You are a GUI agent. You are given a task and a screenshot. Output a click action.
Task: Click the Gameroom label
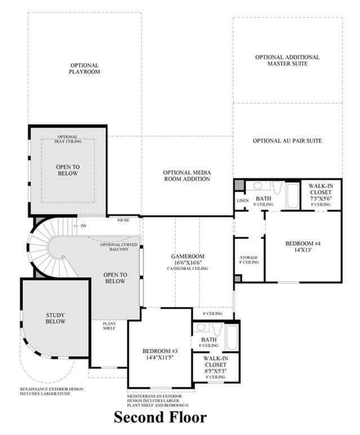pyautogui.click(x=188, y=256)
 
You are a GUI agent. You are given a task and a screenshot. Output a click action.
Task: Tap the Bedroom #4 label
pyautogui.click(x=303, y=243)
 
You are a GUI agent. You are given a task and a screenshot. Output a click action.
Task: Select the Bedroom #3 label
pyautogui.click(x=160, y=351)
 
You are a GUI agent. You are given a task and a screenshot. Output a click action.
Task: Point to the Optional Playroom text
pyautogui.click(x=85, y=69)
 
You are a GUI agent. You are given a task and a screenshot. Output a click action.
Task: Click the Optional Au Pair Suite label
pyautogui.click(x=287, y=141)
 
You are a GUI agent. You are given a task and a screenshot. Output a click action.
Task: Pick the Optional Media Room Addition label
pyautogui.click(x=187, y=176)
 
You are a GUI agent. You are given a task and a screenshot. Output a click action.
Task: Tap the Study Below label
pyautogui.click(x=55, y=318)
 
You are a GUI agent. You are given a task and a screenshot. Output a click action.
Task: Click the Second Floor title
pyautogui.click(x=161, y=417)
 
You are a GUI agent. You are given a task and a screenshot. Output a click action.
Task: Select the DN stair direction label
pyautogui.click(x=83, y=226)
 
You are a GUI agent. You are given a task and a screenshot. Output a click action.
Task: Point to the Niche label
pyautogui.click(x=123, y=220)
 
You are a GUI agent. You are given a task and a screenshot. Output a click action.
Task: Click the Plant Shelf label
pyautogui.click(x=109, y=326)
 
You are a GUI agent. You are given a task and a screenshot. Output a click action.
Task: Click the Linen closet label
pyautogui.click(x=243, y=201)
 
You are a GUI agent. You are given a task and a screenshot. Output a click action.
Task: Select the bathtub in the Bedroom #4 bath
pyautogui.click(x=292, y=195)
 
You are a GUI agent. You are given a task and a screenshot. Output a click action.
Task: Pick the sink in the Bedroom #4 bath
pyautogui.click(x=259, y=185)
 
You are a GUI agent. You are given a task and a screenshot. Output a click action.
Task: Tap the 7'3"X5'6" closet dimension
pyautogui.click(x=321, y=198)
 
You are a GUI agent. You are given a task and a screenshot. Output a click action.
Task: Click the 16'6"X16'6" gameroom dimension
pyautogui.click(x=188, y=263)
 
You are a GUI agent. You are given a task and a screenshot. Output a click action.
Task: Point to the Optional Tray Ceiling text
pyautogui.click(x=68, y=139)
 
